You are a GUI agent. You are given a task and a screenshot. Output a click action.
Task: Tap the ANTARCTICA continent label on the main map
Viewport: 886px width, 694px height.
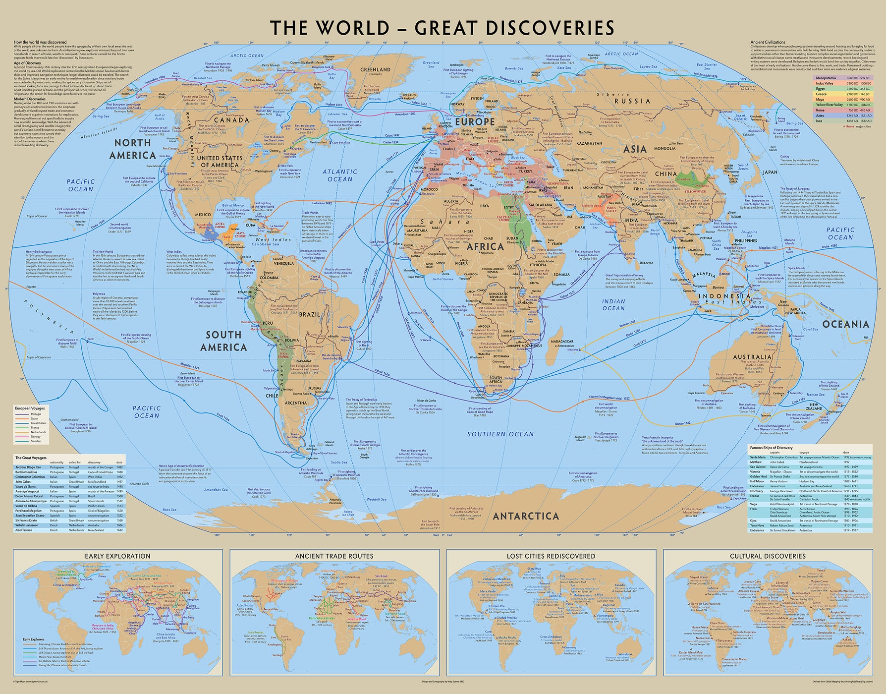coord(526,516)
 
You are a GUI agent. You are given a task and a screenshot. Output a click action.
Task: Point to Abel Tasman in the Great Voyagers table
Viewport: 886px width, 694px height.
coord(23,530)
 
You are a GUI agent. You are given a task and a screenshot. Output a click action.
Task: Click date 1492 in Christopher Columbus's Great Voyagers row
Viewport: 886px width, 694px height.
coord(119,476)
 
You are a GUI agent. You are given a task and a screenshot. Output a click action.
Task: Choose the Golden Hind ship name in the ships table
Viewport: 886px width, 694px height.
coord(758,476)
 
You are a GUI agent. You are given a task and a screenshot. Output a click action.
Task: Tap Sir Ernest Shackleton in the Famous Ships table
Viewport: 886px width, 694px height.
coord(783,530)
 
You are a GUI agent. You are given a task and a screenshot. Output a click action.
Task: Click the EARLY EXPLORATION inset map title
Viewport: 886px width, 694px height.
coord(117,556)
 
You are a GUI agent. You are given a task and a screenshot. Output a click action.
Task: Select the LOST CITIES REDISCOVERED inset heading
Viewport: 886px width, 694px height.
coord(551,556)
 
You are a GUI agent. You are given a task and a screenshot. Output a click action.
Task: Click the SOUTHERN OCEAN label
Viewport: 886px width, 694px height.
coord(500,434)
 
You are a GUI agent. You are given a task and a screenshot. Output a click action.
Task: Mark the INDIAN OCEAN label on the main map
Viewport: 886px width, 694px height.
coord(613,304)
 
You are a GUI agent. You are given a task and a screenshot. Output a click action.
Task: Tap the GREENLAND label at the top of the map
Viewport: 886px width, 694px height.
coord(375,70)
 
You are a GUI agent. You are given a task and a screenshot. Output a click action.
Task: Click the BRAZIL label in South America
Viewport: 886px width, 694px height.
coord(310,314)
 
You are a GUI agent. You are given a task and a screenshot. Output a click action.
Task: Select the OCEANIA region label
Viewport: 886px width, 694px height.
coord(846,324)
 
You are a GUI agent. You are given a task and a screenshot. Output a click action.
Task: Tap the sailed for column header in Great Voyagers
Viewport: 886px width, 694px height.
coord(75,462)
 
